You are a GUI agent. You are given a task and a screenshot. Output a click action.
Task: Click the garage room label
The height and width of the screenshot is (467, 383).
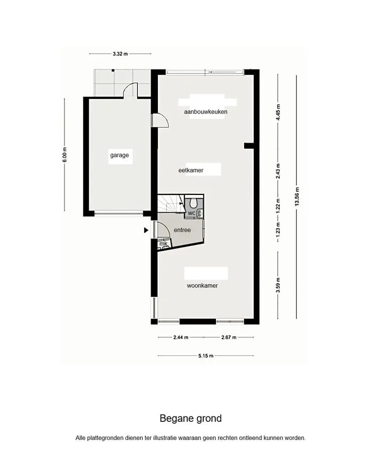tap(119, 155)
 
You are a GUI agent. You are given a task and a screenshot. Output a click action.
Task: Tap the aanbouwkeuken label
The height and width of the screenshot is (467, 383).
tap(205, 112)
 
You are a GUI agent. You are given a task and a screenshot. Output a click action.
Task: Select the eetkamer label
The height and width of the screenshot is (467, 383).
tap(190, 171)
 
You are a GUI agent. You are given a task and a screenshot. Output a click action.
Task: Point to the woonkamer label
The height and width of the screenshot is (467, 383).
tap(202, 286)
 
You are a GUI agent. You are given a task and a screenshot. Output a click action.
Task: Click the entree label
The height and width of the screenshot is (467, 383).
tap(182, 230)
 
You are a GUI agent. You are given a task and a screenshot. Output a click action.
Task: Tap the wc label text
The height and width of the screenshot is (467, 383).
tap(191, 213)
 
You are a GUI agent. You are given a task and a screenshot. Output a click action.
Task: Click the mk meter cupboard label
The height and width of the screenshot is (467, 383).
tap(163, 244)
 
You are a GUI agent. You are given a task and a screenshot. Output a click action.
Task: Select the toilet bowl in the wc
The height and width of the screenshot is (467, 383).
tap(194, 202)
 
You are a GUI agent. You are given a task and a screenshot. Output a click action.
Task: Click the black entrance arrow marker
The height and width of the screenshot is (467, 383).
tap(146, 230)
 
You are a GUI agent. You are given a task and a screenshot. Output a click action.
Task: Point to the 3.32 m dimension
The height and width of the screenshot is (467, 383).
tap(120, 54)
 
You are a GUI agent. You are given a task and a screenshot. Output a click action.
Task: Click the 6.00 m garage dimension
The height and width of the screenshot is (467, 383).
tap(65, 155)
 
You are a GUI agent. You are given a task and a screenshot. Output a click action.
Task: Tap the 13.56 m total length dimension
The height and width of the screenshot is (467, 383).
tap(297, 197)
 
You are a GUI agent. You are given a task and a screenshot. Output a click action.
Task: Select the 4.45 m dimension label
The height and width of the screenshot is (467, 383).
tap(278, 112)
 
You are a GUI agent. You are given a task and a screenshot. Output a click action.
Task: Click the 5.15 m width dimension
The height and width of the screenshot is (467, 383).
tap(206, 355)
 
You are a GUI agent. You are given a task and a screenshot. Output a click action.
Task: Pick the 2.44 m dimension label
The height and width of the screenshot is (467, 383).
tap(181, 337)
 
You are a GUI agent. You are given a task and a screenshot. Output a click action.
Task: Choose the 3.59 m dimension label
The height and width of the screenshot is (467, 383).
tap(278, 285)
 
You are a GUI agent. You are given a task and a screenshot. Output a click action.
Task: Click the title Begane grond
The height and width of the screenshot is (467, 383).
tap(190, 419)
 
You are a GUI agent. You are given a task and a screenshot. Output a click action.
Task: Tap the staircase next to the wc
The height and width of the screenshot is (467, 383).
tap(171, 203)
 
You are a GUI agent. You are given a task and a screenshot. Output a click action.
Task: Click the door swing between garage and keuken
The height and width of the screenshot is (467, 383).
tap(161, 121)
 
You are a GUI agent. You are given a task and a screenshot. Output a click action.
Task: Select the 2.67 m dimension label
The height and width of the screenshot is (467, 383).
tap(229, 337)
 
